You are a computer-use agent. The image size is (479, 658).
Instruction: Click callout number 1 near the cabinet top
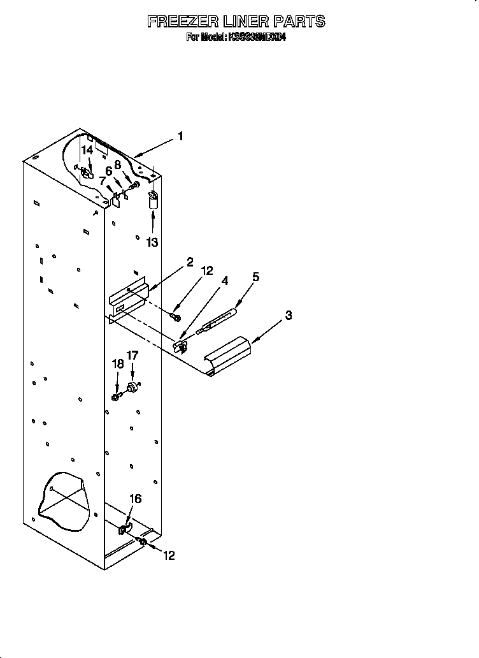pos(180,136)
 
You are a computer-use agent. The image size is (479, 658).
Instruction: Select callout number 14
pos(88,150)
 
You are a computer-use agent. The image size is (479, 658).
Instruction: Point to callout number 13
pos(152,242)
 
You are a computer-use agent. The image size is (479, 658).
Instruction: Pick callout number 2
pos(190,262)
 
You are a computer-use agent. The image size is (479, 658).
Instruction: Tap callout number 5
pos(255,277)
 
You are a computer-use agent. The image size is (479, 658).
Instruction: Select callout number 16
pos(136,499)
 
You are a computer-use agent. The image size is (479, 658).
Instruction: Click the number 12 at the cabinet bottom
pos(168,555)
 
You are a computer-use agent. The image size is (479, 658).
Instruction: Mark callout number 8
pos(118,164)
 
